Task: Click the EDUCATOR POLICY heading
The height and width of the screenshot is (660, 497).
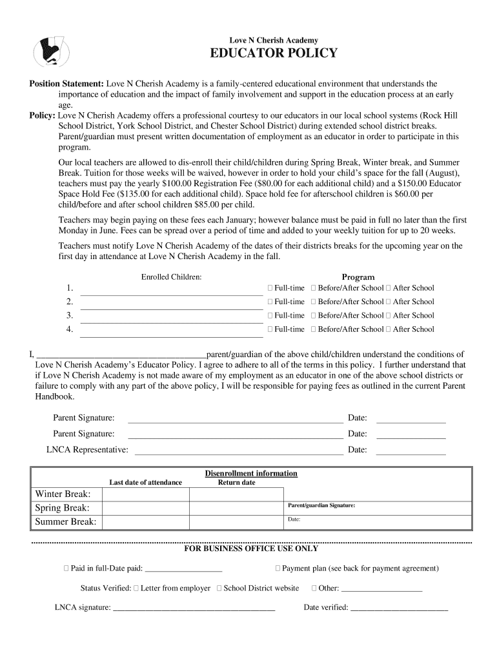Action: point(274,53)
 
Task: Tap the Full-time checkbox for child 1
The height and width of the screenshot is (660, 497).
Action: point(271,288)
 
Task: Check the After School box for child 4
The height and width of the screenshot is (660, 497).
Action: point(389,329)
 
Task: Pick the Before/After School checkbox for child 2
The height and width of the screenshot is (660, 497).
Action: point(314,302)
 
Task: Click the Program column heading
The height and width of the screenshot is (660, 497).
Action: point(358,277)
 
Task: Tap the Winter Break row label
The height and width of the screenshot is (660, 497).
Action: point(63,494)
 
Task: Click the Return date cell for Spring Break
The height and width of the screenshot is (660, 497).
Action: point(236,508)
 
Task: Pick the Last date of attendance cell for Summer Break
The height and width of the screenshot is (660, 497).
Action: point(145,521)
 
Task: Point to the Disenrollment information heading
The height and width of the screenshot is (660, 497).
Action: point(251,474)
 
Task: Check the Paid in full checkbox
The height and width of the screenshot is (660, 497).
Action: point(66,568)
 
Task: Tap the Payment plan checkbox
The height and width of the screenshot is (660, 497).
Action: point(278,568)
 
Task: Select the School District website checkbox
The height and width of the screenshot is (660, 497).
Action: point(219,588)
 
